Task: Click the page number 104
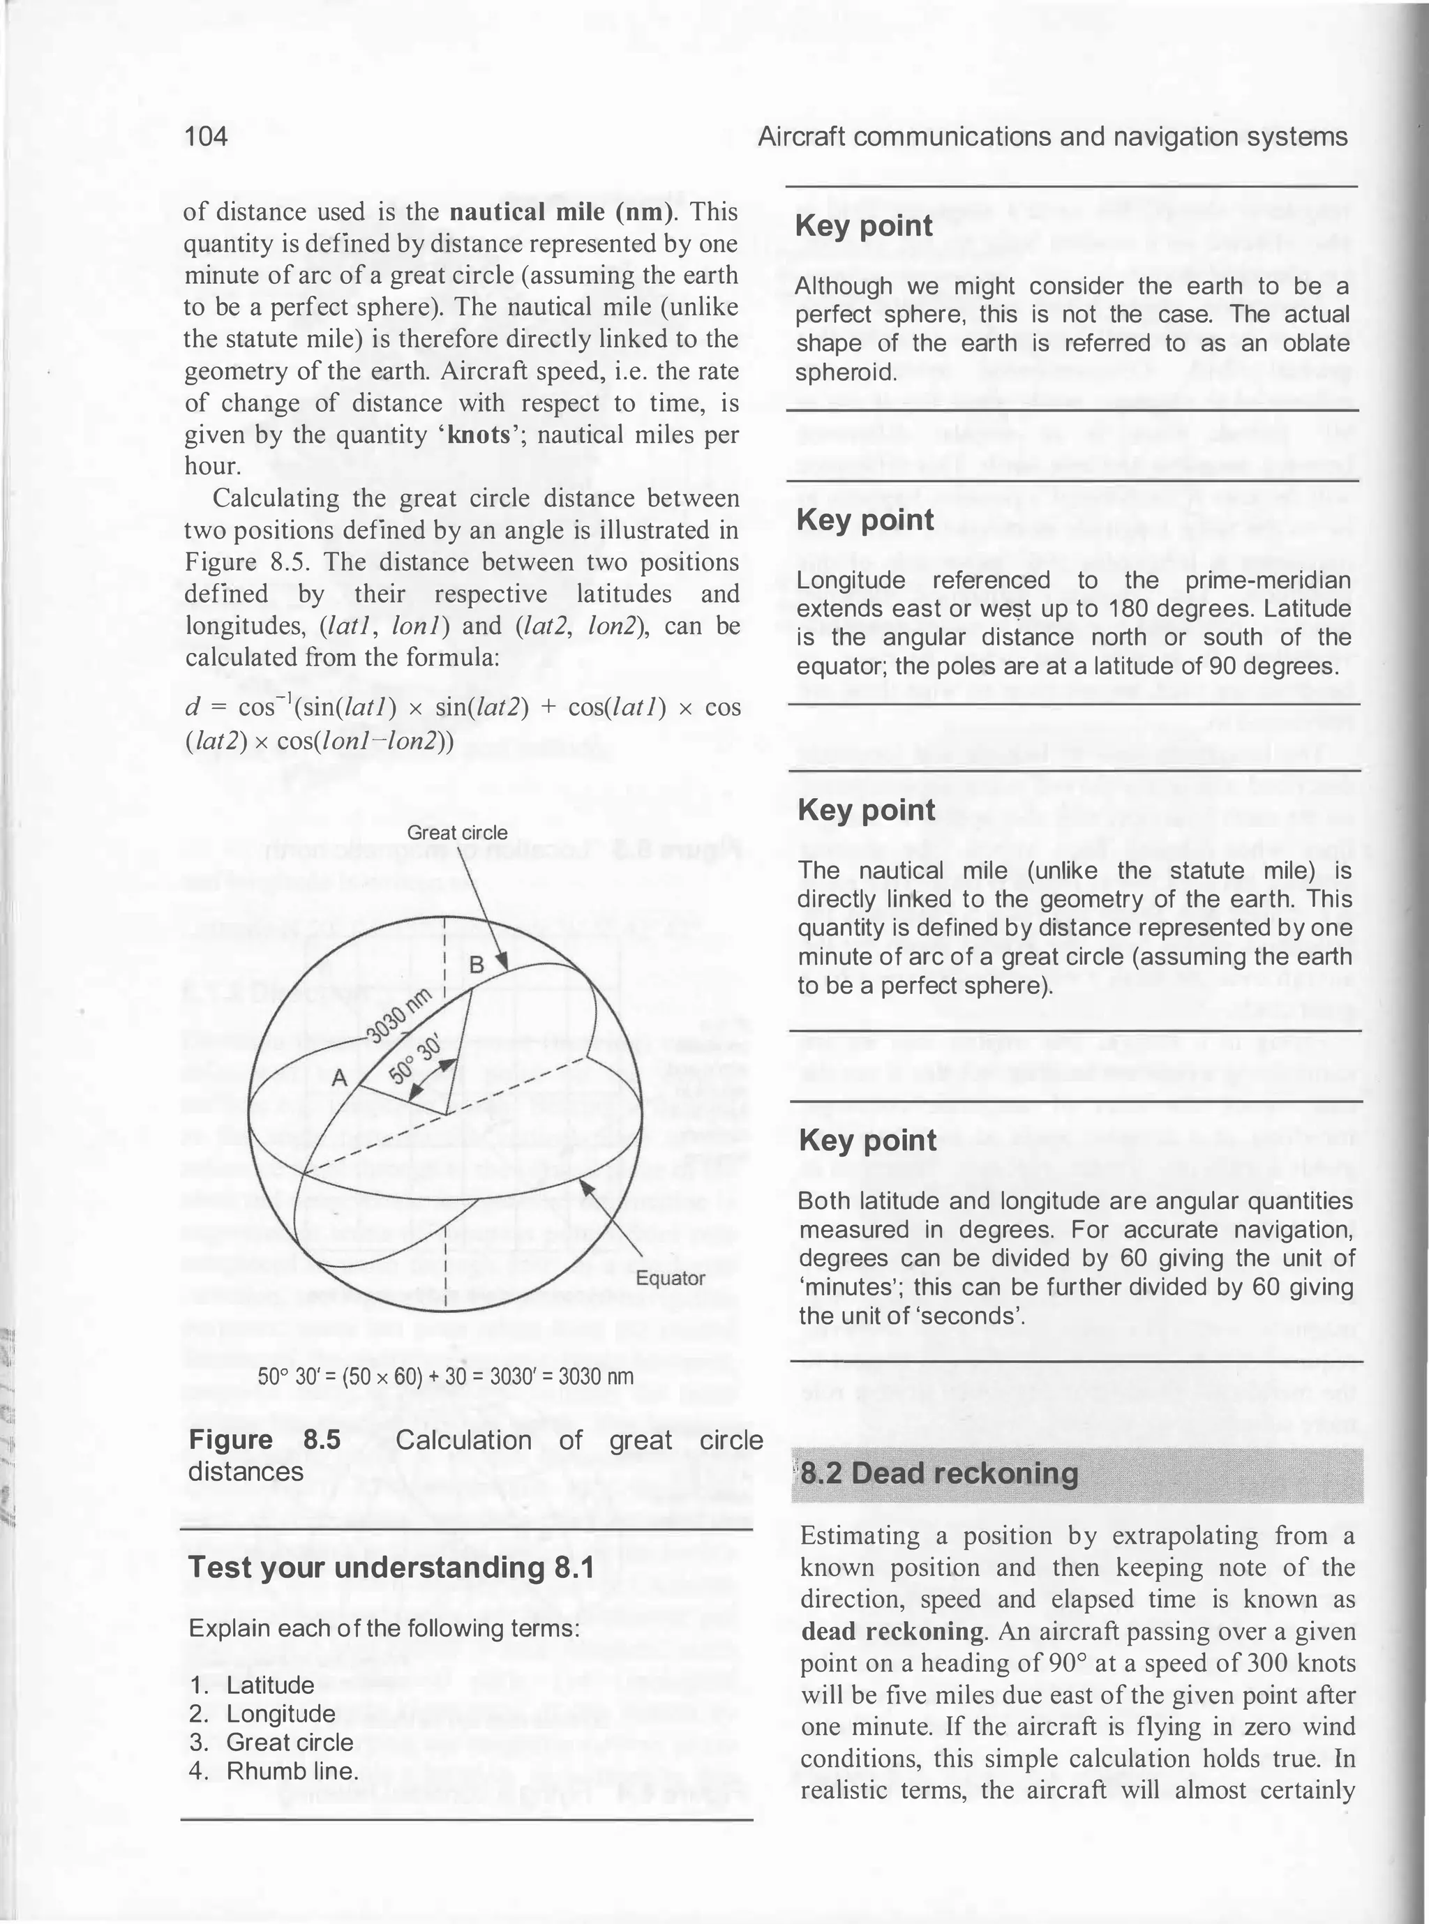point(206,137)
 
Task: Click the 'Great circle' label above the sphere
point(457,833)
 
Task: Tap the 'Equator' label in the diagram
point(671,1277)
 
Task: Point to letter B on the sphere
point(476,965)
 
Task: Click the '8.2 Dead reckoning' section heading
point(938,1473)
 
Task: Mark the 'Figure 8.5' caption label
point(264,1440)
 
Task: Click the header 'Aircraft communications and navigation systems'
point(1052,137)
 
